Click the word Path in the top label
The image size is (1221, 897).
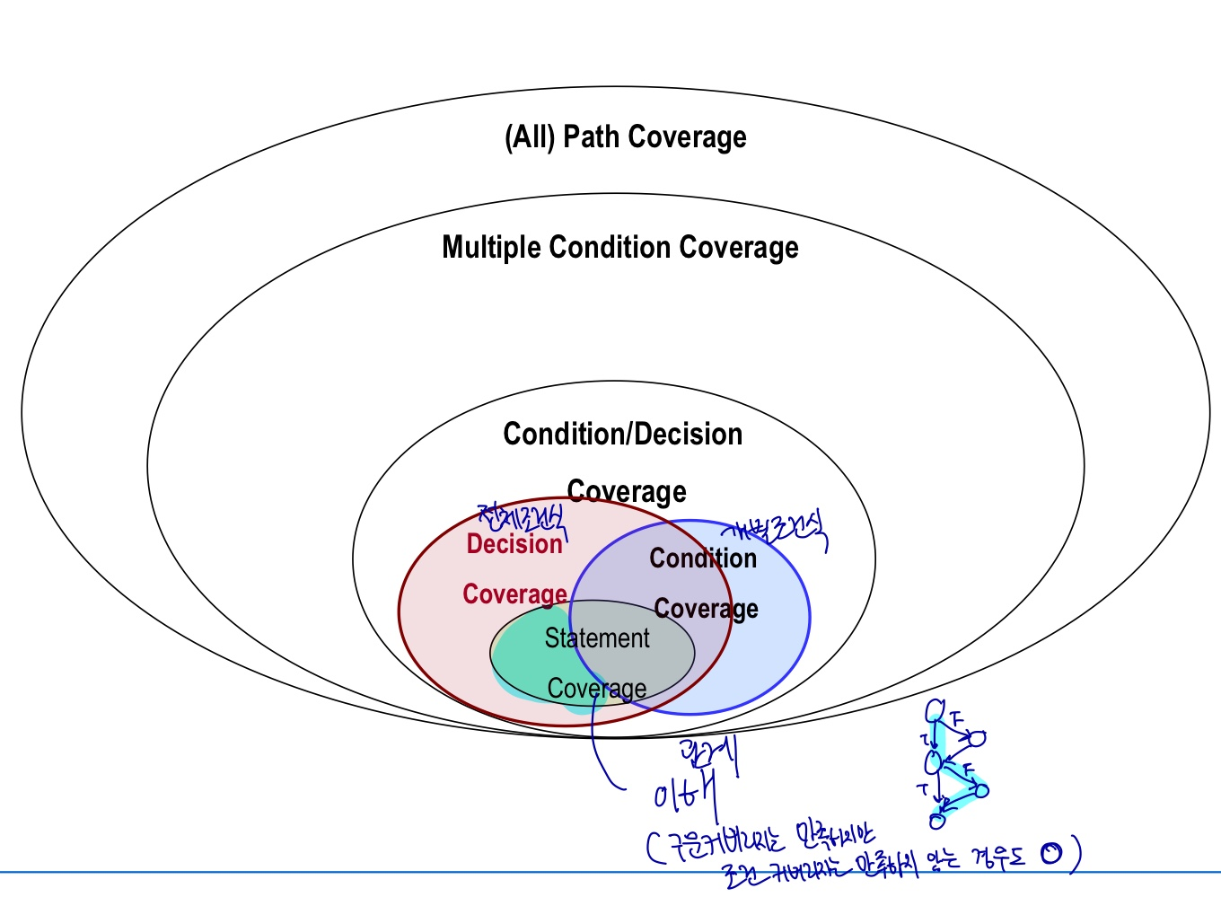coord(592,137)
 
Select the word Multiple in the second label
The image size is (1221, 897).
coord(492,248)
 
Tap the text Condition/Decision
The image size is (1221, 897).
coord(622,435)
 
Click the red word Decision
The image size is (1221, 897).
coord(514,544)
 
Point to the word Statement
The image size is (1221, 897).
coord(596,638)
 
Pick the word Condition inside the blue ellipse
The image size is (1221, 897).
coord(703,558)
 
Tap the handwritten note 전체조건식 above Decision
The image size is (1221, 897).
coord(522,518)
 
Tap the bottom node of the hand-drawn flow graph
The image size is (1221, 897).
coord(937,820)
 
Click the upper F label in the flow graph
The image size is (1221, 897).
coord(957,719)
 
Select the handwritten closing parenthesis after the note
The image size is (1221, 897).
coord(1075,852)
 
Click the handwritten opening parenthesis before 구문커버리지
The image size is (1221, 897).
coord(653,846)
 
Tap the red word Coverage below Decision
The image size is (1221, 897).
coord(514,594)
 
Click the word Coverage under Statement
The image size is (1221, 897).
coord(597,689)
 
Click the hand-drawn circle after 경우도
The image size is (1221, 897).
coord(1050,853)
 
